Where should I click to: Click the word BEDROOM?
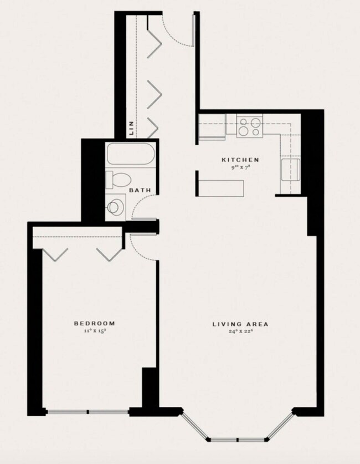pyautogui.click(x=95, y=323)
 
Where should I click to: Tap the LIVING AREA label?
pyautogui.click(x=241, y=324)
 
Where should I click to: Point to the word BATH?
pyautogui.click(x=140, y=191)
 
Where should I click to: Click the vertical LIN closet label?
pyautogui.click(x=131, y=129)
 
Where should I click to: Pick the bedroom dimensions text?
pyautogui.click(x=95, y=331)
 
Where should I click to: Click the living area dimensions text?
pyautogui.click(x=241, y=332)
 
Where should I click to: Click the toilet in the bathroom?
pyautogui.click(x=119, y=179)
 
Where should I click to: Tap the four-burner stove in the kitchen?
pyautogui.click(x=249, y=127)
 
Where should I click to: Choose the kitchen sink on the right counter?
pyautogui.click(x=291, y=169)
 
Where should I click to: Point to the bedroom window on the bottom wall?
pyautogui.click(x=88, y=412)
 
